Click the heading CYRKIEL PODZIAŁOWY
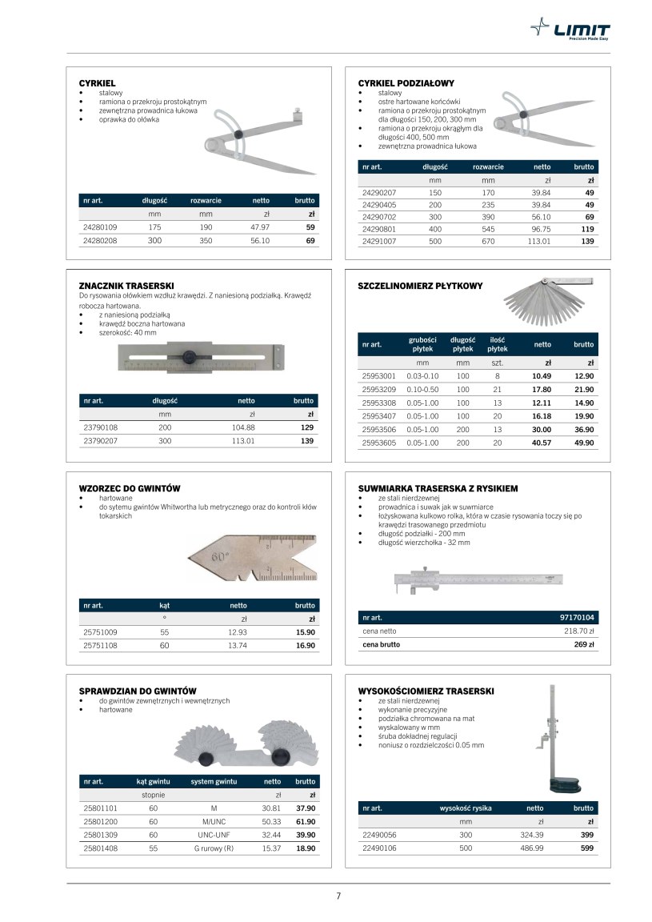(406, 83)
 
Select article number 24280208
(100, 240)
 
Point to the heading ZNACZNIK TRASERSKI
(126, 286)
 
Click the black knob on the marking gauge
(190, 355)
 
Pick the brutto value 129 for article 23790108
(306, 427)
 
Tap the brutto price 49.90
(583, 443)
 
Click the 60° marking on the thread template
(220, 554)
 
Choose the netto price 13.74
(238, 644)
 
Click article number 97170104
(578, 618)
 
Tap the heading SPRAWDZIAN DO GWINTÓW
(138, 691)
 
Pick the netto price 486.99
(531, 848)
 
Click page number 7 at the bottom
(338, 896)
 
